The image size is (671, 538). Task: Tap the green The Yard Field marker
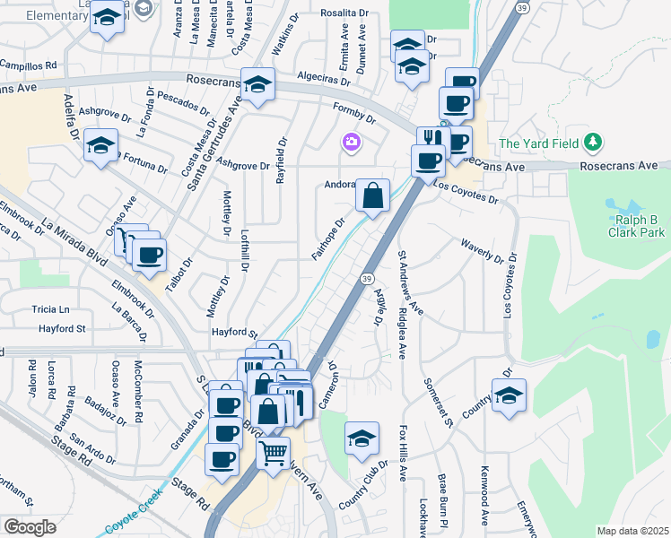click(591, 143)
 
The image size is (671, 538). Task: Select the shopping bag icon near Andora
click(372, 195)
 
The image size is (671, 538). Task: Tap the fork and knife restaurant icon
click(433, 139)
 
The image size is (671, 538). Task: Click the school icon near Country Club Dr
click(362, 438)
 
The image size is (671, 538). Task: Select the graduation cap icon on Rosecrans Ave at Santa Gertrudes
click(258, 85)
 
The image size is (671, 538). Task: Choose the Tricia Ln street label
click(50, 308)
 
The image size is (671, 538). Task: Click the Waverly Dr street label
click(483, 251)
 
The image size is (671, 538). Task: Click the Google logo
click(30, 527)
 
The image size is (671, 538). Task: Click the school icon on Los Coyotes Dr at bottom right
click(509, 395)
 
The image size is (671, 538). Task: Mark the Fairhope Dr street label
click(327, 239)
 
